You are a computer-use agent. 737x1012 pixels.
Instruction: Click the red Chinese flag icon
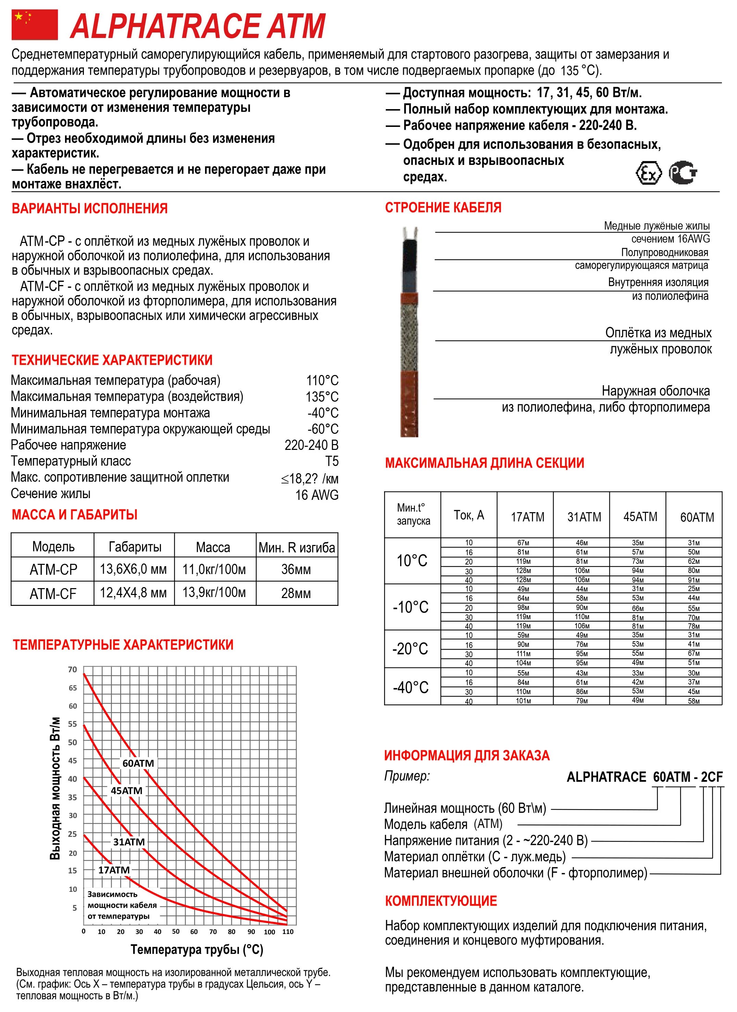[x=34, y=25]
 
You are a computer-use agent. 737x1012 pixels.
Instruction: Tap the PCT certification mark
[x=683, y=173]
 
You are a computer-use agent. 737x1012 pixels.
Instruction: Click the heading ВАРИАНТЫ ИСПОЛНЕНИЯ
[x=90, y=208]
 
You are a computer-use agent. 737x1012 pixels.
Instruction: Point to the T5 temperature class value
[x=332, y=461]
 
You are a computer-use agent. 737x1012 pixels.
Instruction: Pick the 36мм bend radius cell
[x=296, y=569]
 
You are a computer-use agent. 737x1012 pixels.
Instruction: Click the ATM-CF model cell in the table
[x=53, y=594]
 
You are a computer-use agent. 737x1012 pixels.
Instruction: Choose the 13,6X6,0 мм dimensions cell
[x=133, y=569]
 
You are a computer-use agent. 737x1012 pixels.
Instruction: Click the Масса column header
[x=213, y=547]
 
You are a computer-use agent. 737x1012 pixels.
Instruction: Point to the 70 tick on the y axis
[x=72, y=670]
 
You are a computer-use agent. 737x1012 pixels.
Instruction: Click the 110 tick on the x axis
[x=288, y=932]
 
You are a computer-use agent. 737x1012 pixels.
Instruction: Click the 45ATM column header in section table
[x=640, y=517]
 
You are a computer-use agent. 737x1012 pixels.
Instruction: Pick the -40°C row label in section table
[x=411, y=687]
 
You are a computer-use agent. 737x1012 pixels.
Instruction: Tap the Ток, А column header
[x=469, y=515]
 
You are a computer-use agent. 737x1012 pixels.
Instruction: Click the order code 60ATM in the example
[x=672, y=777]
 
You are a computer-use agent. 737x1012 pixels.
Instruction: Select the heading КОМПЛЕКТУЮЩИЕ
[x=441, y=901]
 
